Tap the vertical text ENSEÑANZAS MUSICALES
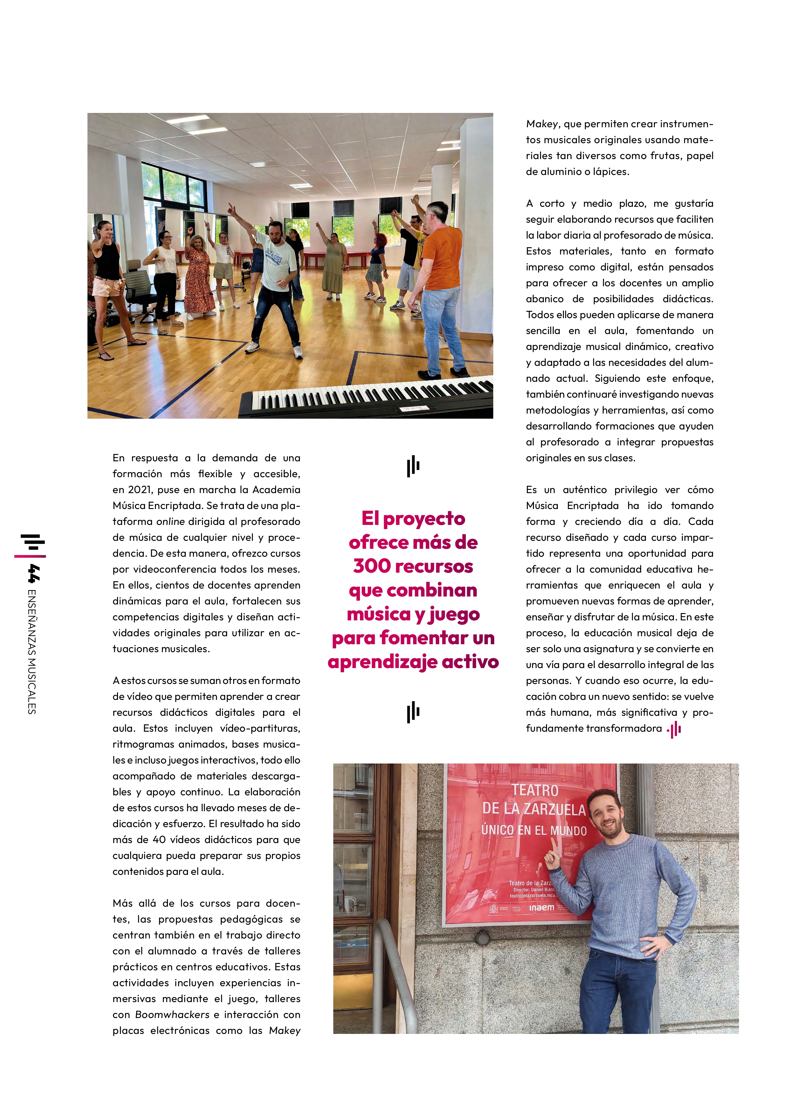(32, 651)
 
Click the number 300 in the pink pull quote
(372, 566)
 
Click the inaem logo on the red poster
(541, 908)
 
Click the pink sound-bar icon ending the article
(674, 729)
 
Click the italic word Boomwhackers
(172, 1015)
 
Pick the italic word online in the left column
(170, 521)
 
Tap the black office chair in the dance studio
(140, 292)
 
